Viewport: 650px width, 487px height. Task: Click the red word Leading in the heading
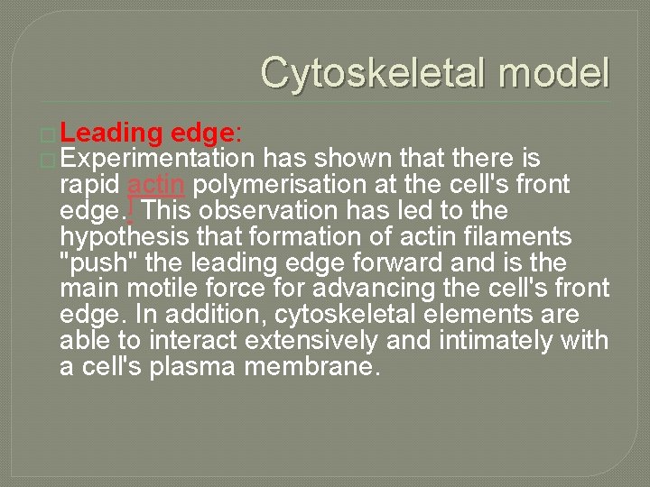click(x=111, y=133)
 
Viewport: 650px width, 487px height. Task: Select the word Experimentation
click(x=158, y=160)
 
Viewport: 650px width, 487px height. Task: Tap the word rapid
click(x=90, y=186)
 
